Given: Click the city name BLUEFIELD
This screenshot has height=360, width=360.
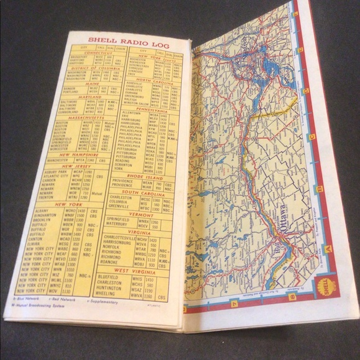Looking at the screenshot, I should (x=125, y=279).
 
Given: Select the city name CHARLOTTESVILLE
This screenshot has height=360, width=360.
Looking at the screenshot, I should (x=128, y=239).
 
